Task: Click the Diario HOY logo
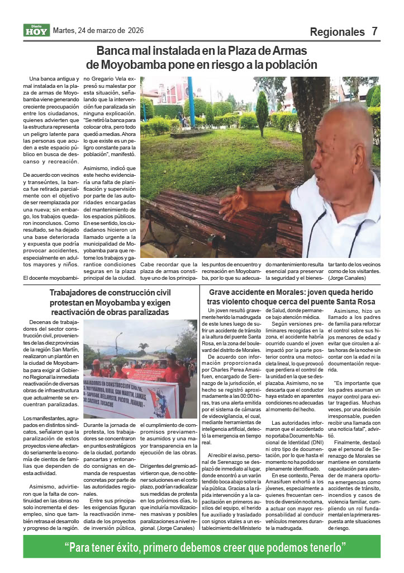[x=36, y=30]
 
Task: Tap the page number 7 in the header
[x=375, y=31]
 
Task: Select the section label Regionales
[x=337, y=32]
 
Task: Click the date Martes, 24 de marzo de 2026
[x=96, y=30]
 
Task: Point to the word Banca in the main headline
[x=113, y=51]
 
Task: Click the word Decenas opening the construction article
[x=42, y=323]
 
